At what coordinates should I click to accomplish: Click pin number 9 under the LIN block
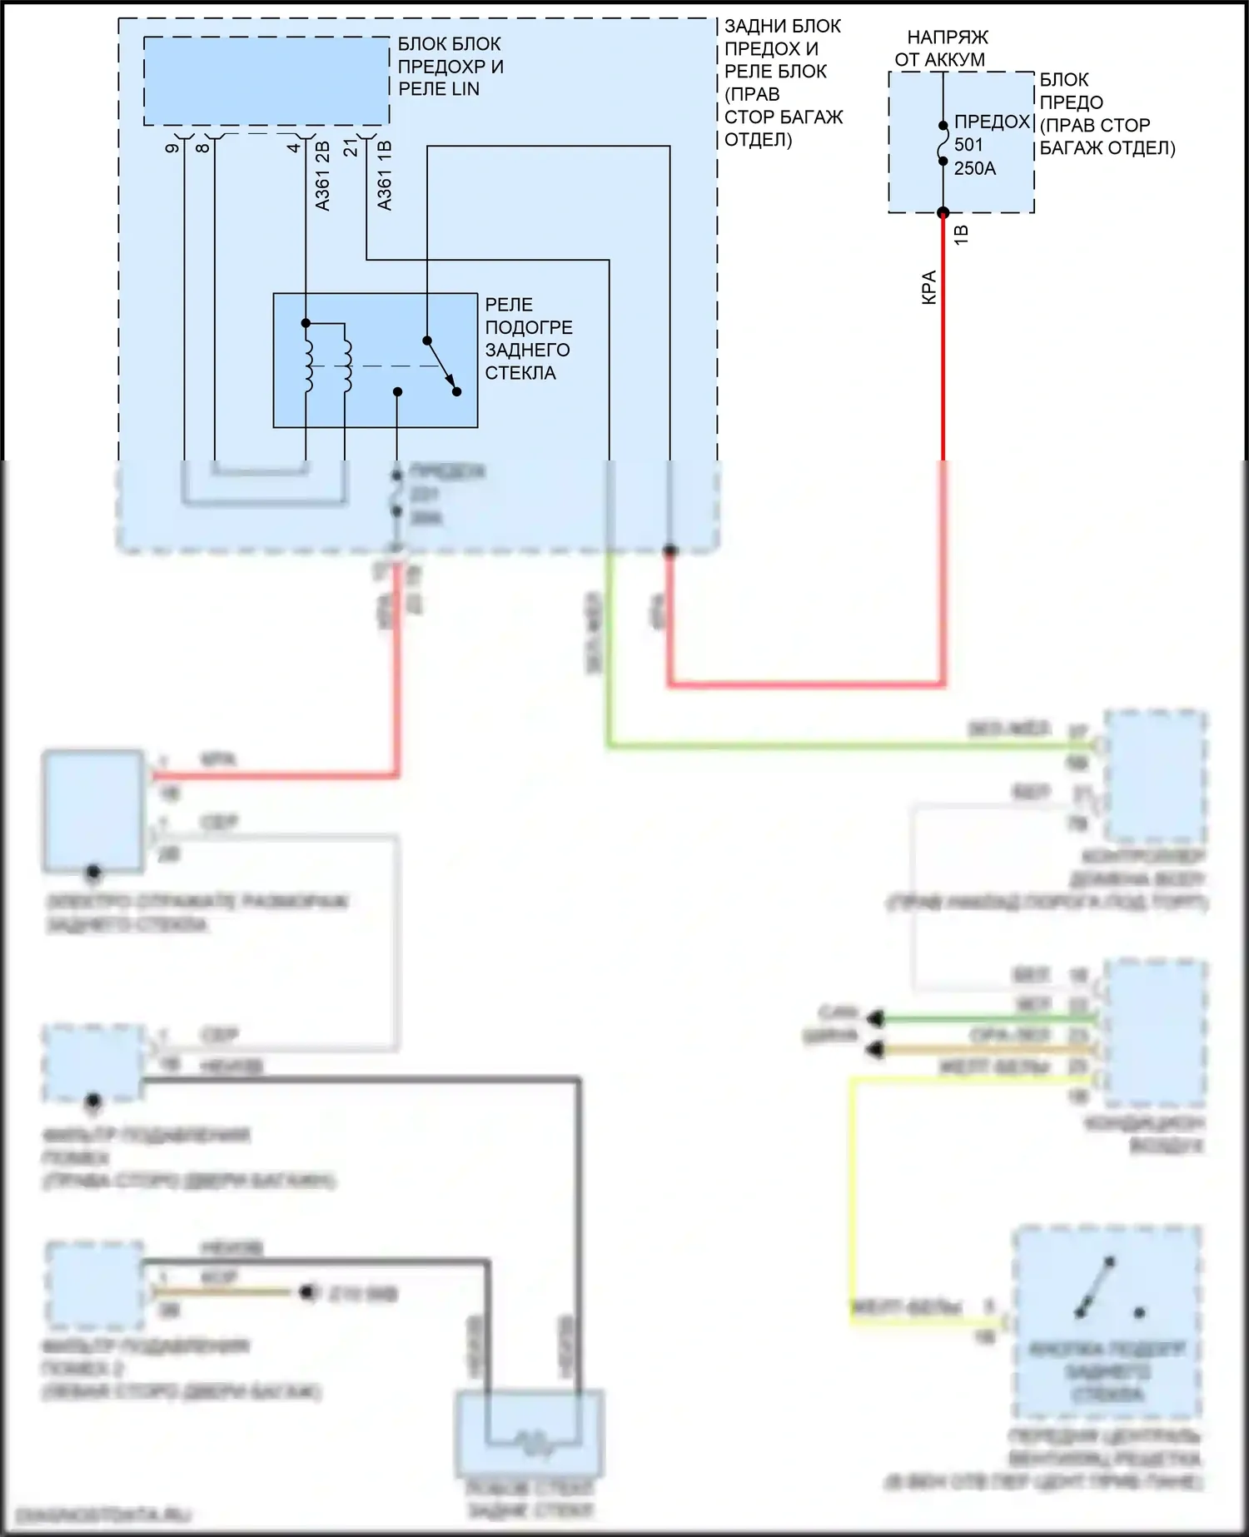pos(172,148)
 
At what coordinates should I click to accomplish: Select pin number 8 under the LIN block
pos(202,148)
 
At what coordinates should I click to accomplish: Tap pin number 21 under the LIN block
pos(351,148)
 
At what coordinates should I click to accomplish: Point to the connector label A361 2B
pos(323,176)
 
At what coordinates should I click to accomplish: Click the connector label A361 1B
pos(385,176)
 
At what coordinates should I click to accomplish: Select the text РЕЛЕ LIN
pos(439,89)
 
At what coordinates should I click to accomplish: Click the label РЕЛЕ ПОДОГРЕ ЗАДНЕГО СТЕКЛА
pos(528,339)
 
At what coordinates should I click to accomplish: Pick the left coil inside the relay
pos(308,366)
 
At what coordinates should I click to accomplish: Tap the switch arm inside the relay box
pos(441,366)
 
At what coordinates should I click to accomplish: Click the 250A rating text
pos(975,168)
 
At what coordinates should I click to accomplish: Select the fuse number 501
pos(969,145)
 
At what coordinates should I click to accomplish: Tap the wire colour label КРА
pos(929,287)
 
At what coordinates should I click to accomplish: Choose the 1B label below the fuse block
pos(961,234)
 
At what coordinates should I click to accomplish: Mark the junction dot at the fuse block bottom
pos(943,212)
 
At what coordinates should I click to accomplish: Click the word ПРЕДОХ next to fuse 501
pos(993,122)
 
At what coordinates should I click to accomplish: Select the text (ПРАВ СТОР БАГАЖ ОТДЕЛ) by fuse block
pos(1107,137)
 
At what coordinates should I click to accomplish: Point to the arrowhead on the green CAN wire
pos(874,1018)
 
